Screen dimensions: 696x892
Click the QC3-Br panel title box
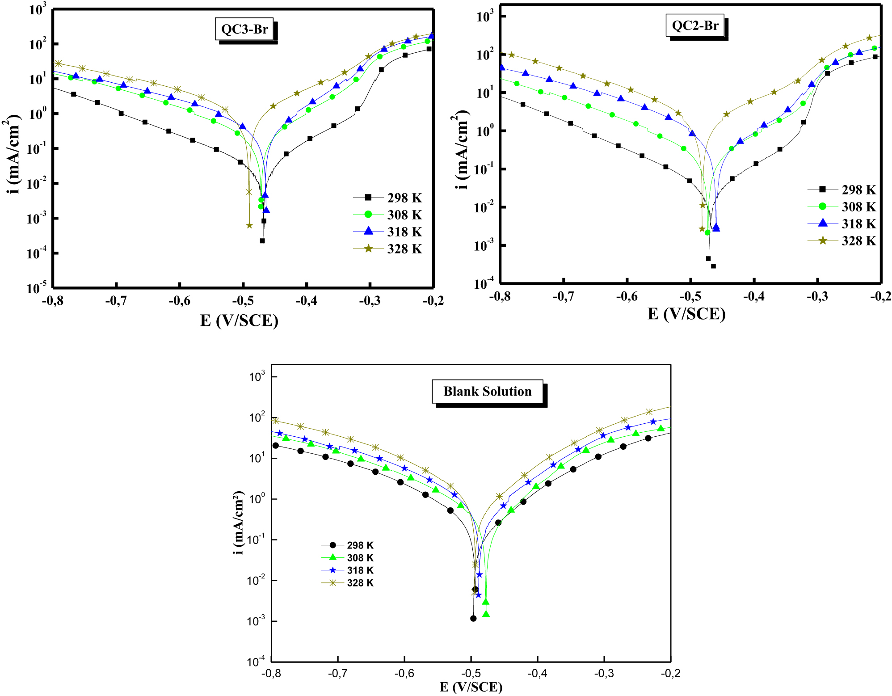244,30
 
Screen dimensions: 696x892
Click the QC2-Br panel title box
695,25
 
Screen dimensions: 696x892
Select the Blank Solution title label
487,392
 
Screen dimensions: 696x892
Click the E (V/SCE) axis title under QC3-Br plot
239,321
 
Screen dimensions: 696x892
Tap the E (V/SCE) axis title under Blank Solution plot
471,687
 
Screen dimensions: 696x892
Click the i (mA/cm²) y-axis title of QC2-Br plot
462,150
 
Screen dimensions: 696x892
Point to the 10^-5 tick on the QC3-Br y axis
37,287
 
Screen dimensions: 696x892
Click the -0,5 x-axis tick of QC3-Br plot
243,301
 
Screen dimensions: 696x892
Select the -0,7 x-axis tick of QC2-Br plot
563,296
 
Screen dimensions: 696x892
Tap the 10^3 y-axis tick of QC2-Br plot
485,17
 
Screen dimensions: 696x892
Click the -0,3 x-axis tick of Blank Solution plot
604,673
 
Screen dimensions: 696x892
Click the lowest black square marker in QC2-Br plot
713,266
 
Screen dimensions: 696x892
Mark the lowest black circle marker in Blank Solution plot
473,619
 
